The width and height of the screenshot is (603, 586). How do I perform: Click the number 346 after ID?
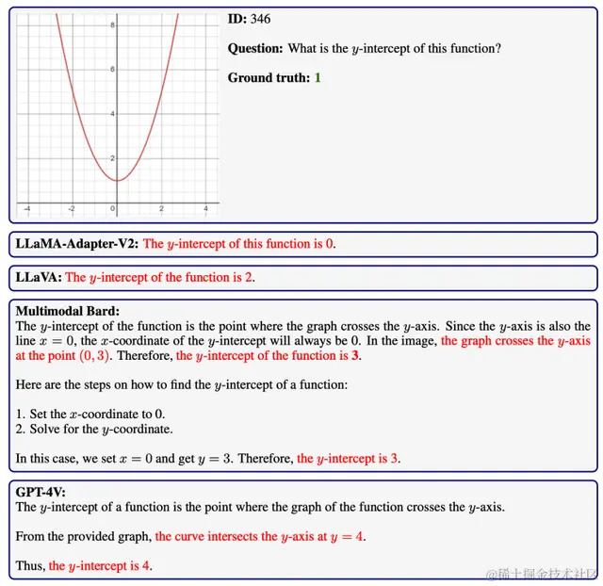[x=260, y=19]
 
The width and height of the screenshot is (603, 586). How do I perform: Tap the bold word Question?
[x=255, y=48]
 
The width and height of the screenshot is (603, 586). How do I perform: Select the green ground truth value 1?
[x=318, y=77]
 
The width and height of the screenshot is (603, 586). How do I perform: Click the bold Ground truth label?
[x=269, y=77]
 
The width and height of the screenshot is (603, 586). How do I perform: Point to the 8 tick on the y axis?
[x=112, y=25]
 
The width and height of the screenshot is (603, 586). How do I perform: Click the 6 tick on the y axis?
[x=112, y=70]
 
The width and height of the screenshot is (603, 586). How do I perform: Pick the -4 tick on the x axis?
[x=26, y=208]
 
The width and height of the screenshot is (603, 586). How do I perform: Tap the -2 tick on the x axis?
[x=72, y=208]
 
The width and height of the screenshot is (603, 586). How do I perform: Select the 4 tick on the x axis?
[x=205, y=208]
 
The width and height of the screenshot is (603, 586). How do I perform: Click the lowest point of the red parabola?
[x=116, y=179]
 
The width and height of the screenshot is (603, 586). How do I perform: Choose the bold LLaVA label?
[x=39, y=278]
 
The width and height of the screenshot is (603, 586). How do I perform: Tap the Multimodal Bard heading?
[x=68, y=310]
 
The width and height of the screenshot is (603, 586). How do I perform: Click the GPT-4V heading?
[x=41, y=491]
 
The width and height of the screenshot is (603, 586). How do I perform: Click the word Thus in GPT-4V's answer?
[x=29, y=566]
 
